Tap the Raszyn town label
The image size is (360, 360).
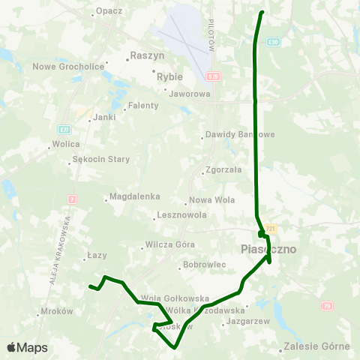147,55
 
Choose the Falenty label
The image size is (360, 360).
142,106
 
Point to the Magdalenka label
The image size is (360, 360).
135,196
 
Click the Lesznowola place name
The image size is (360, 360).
181,215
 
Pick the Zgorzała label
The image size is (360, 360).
223,169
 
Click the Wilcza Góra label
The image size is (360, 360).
169,244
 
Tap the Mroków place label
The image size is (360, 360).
57,310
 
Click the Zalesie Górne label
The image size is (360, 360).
317,346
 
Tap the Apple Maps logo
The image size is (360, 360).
27,347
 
